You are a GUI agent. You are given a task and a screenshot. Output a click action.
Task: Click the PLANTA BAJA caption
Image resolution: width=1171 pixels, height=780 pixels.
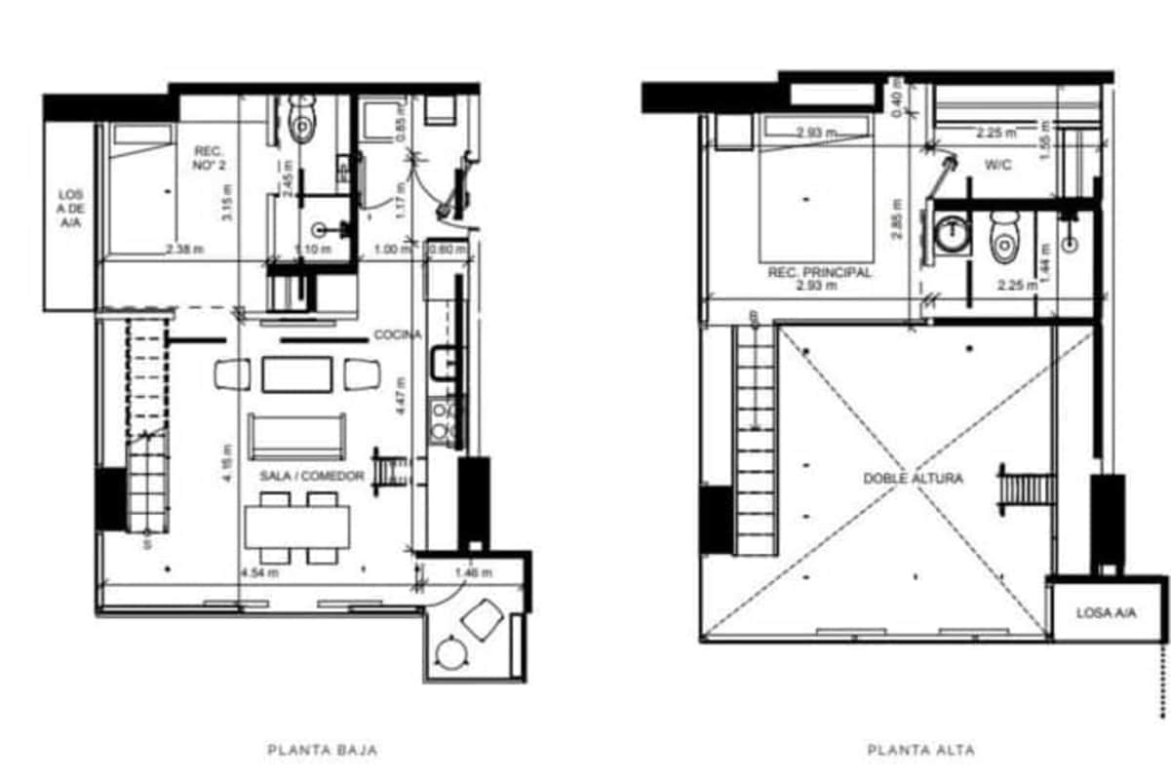322,751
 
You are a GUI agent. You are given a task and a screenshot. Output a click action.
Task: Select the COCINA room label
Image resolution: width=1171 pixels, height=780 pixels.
398,335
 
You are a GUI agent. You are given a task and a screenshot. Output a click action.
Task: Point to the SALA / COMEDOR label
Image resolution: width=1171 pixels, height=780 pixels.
312,476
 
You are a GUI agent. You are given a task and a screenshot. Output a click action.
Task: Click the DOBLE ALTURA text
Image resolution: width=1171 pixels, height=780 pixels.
913,479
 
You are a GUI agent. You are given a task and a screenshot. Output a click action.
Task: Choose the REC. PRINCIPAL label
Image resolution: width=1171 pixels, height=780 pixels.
819,274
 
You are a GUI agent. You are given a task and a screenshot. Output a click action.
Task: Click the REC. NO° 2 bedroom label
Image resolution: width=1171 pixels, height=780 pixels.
209,157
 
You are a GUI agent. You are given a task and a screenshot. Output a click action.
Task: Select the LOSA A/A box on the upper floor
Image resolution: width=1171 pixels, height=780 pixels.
1106,613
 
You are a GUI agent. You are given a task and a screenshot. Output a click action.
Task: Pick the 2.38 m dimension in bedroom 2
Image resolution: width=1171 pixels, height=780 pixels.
184,251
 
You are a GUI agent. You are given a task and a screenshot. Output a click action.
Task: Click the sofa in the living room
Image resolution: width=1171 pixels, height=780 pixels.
297,436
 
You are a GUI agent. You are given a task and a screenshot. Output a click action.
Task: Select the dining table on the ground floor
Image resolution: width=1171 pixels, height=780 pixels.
297,527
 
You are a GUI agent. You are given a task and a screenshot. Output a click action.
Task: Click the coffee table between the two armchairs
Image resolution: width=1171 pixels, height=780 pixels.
297,374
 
